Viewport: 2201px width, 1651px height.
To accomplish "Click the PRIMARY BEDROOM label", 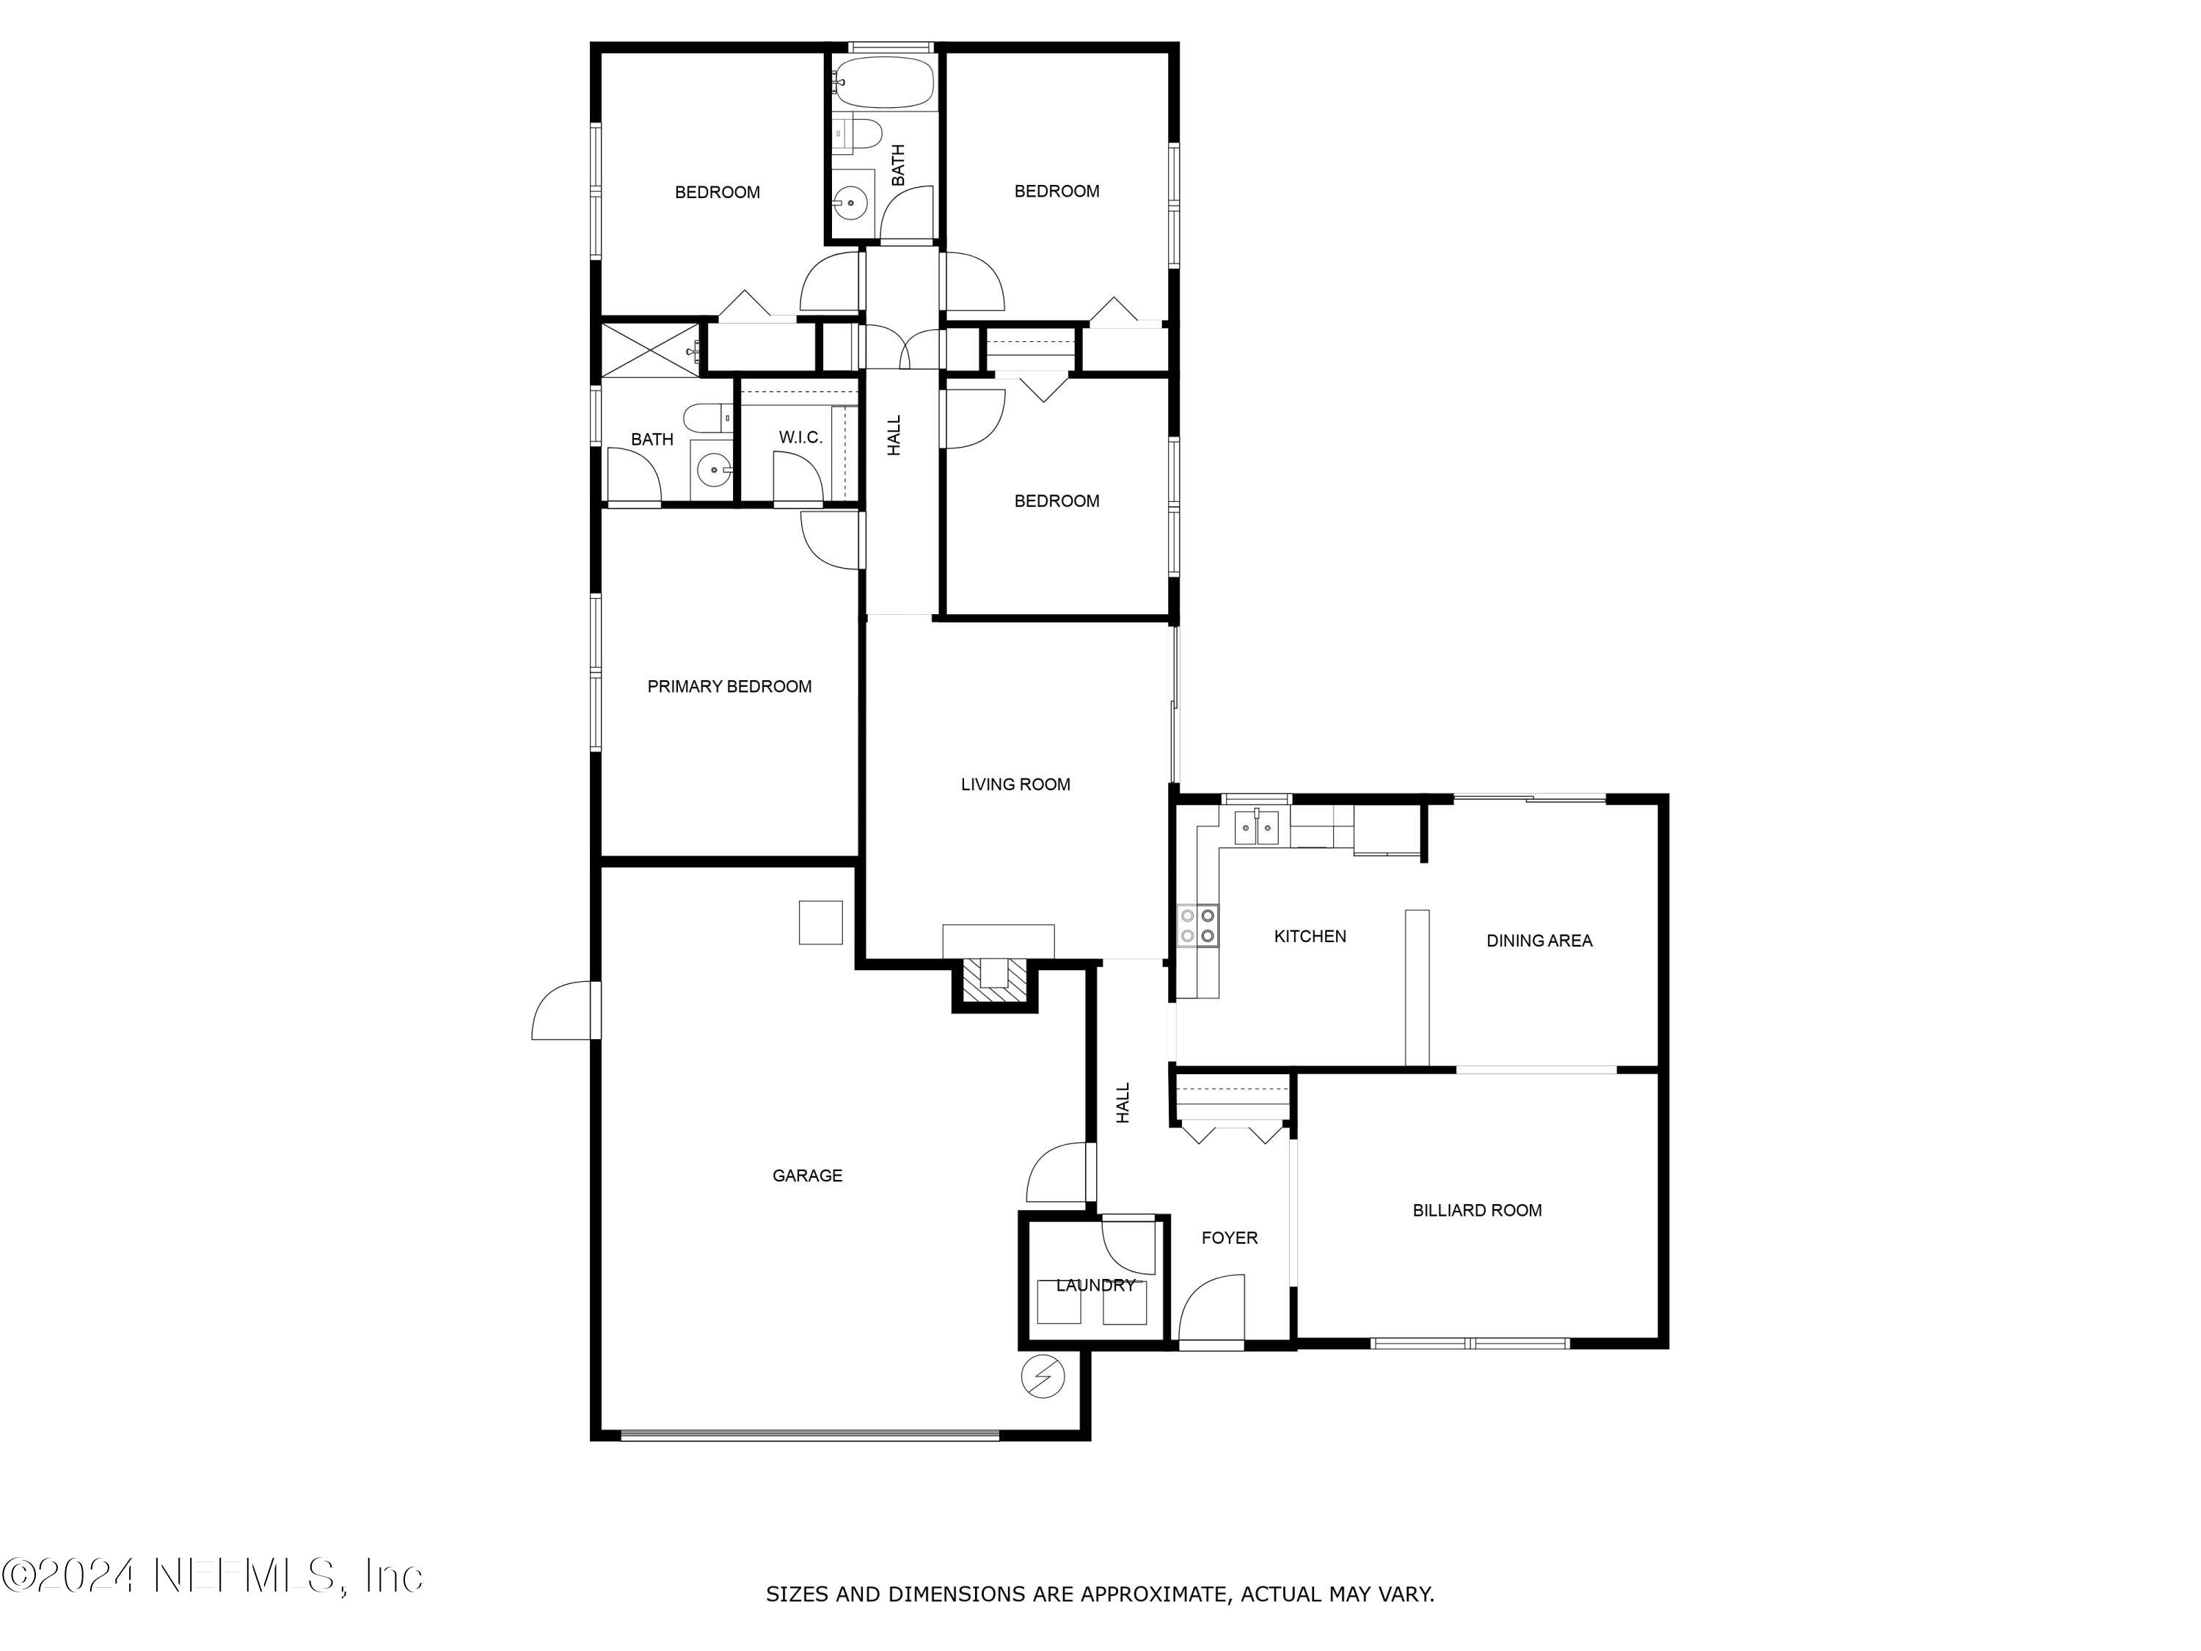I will (x=729, y=687).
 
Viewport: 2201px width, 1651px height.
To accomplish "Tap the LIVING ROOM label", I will (x=1015, y=784).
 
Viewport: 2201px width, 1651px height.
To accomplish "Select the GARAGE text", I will (x=807, y=1176).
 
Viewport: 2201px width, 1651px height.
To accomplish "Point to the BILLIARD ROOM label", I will (x=1477, y=1210).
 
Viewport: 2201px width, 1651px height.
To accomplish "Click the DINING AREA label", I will (x=1538, y=941).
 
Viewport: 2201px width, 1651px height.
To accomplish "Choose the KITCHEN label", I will (x=1310, y=936).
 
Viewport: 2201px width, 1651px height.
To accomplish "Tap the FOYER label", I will (x=1229, y=1238).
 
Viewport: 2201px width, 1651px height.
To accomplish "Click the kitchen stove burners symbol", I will (x=1197, y=925).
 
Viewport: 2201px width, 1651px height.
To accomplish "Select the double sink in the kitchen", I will (x=1257, y=828).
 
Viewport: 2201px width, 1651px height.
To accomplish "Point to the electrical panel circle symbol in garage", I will (x=1043, y=1377).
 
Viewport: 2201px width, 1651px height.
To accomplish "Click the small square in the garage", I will (x=820, y=922).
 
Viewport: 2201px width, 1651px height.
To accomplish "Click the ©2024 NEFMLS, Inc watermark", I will (x=212, y=1575).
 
